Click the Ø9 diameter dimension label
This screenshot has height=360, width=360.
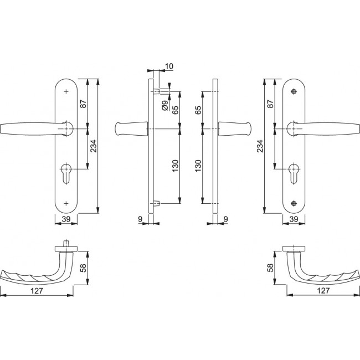[165, 106]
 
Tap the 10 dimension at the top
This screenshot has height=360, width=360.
[169, 66]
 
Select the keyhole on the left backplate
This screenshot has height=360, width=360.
[66, 173]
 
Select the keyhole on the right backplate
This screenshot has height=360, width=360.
[294, 173]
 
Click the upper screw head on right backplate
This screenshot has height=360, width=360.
[294, 91]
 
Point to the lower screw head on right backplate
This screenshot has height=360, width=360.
[294, 203]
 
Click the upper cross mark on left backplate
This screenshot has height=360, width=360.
[66, 91]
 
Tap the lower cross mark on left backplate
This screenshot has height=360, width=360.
[66, 203]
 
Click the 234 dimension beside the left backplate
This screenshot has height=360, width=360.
[94, 146]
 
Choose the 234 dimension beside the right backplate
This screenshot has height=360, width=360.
[260, 146]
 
